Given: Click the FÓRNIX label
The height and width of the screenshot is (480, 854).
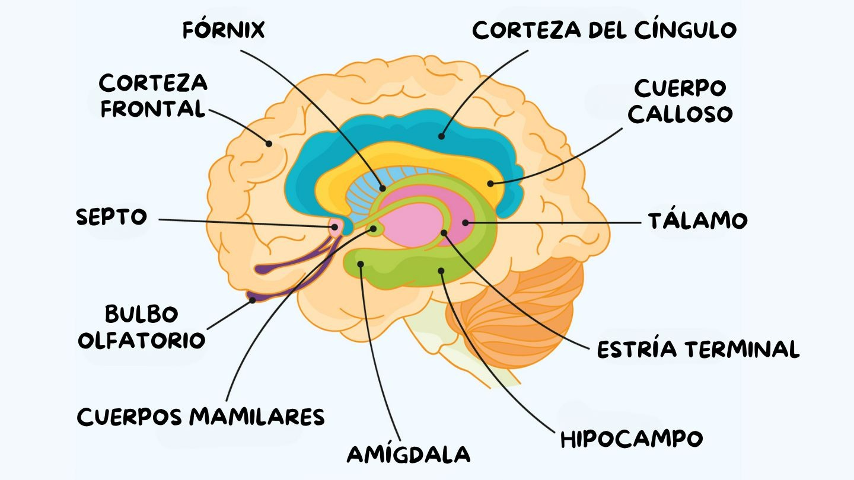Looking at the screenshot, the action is point(224,30).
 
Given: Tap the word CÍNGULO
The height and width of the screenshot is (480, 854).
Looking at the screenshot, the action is point(686,30).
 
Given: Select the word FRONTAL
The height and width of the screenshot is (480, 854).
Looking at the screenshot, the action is point(153,108).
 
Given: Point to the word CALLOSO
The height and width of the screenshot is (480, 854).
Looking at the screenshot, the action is point(680,114).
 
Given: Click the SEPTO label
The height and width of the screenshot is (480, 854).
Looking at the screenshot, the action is point(111,217).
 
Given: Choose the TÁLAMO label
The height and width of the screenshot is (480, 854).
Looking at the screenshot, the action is point(697,220).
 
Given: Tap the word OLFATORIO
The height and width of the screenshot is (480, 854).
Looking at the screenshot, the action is point(142,340).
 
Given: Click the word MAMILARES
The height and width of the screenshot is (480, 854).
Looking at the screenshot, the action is point(257,417).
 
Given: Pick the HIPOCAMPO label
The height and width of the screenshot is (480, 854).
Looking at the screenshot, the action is point(632,439).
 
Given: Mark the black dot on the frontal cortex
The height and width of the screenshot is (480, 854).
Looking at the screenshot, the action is point(269,143).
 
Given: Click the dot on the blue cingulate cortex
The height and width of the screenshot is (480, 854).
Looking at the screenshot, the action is point(441,136).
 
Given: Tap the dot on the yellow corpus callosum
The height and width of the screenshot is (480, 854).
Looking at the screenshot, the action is point(490,184).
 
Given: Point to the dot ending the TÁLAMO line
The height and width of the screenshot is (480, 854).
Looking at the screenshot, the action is point(465,222).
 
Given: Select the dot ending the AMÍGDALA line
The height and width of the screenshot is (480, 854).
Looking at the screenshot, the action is point(361,264).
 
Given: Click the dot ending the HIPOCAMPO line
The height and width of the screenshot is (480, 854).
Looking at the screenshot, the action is point(441,270).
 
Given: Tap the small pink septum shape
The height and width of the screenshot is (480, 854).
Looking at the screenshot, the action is point(335,227).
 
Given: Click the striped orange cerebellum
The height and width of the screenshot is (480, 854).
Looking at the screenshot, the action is point(515,312).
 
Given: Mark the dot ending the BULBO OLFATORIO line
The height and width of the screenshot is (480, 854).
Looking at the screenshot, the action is point(253,300).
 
